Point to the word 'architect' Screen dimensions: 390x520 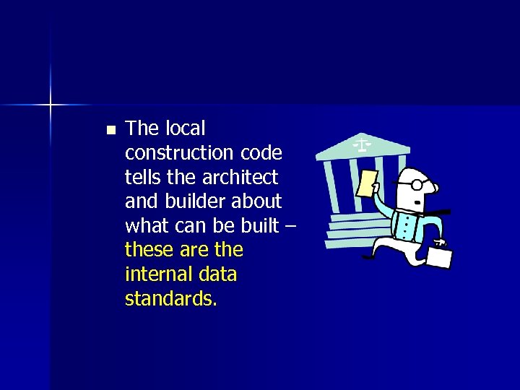coord(242,177)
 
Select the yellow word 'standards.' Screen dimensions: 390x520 coord(170,298)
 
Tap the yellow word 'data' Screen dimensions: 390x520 coord(220,274)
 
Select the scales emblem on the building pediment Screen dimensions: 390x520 coord(361,144)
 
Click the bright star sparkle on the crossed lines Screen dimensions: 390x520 coord(51,105)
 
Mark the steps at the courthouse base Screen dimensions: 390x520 coord(347,231)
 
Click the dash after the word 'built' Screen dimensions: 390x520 coord(290,226)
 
